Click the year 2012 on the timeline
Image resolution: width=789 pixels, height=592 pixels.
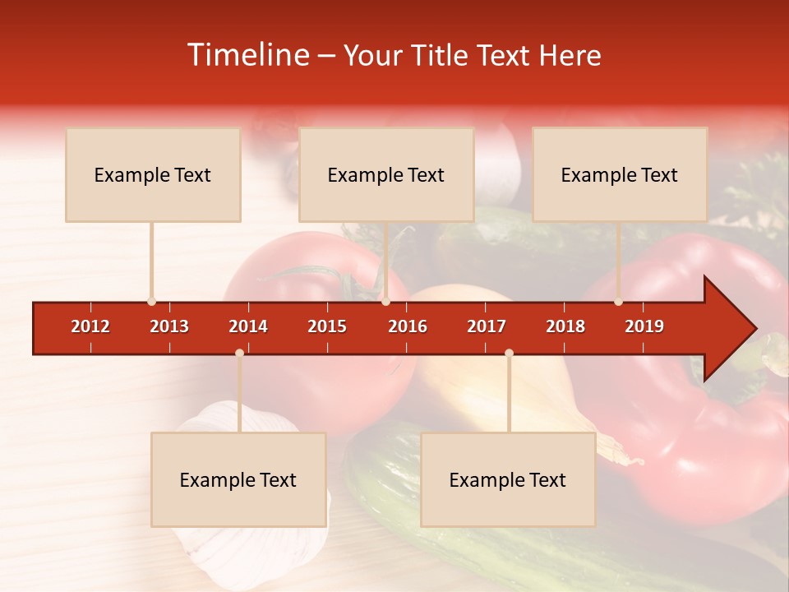click(x=90, y=326)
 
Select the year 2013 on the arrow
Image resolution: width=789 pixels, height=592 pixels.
click(x=169, y=326)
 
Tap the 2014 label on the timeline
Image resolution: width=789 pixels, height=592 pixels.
click(x=248, y=326)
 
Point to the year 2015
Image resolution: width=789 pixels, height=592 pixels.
click(x=327, y=326)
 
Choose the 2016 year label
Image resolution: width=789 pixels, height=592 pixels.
click(x=408, y=326)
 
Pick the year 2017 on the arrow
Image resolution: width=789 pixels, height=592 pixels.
click(x=487, y=326)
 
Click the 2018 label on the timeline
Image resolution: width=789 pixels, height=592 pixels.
click(x=565, y=326)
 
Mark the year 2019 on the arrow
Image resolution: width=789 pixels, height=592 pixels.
click(x=644, y=326)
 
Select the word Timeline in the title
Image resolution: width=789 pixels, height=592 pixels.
click(x=247, y=55)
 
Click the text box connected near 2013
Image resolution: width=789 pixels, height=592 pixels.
click(x=153, y=174)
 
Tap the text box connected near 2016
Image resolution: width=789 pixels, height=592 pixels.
click(x=386, y=174)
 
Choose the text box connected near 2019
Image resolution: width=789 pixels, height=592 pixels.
click(x=620, y=174)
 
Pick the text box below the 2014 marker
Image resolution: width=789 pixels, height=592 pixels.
click(x=238, y=479)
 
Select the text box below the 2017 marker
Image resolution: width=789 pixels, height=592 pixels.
click(x=508, y=479)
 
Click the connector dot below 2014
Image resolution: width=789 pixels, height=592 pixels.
click(x=239, y=353)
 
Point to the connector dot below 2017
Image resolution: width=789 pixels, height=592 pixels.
click(x=509, y=353)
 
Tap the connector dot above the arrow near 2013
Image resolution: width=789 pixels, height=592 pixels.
click(x=151, y=302)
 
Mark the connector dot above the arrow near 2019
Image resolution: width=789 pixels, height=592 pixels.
click(x=618, y=302)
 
